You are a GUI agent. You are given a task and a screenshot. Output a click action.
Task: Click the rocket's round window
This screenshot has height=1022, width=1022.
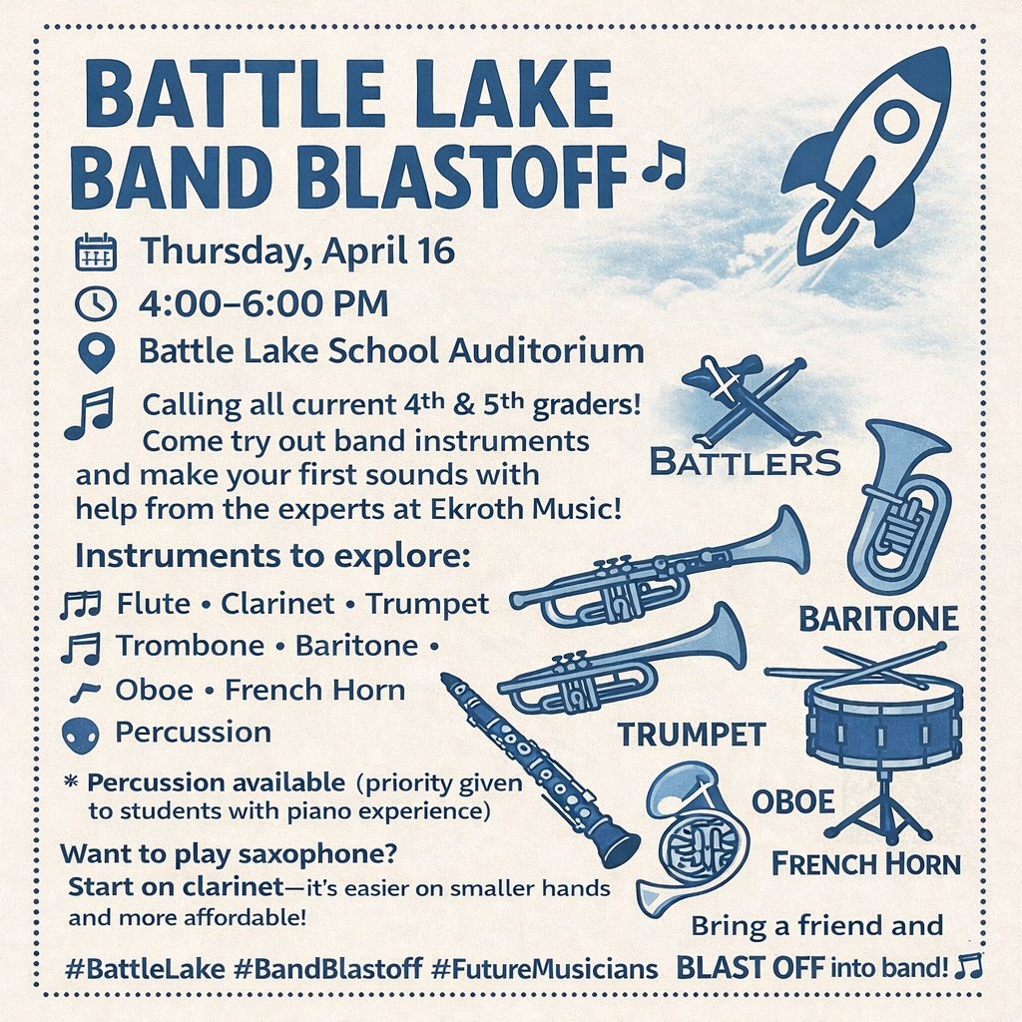896,122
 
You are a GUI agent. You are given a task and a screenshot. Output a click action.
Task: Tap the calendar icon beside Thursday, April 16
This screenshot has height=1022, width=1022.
96,252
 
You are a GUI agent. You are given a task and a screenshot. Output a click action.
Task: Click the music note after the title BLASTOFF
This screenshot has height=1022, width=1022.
665,165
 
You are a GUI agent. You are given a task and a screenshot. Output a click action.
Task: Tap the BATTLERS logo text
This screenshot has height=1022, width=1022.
745,462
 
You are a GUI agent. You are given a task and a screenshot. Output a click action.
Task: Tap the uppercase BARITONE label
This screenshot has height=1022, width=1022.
878,619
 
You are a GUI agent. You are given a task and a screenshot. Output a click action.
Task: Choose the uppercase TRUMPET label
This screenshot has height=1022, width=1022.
691,735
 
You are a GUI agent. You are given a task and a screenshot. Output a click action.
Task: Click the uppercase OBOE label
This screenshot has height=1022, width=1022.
792,800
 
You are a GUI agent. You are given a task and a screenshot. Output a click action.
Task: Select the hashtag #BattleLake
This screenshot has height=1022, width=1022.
131,968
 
